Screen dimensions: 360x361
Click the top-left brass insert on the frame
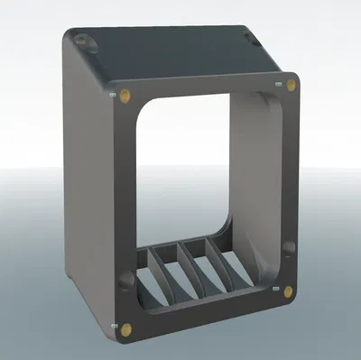(123, 93)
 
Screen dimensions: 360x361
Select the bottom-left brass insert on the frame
(125, 328)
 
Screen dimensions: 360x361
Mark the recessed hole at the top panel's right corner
(248, 35)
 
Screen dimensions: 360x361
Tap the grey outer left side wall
(86, 180)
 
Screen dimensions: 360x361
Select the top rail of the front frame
(199, 88)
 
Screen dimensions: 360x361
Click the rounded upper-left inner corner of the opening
(143, 109)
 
